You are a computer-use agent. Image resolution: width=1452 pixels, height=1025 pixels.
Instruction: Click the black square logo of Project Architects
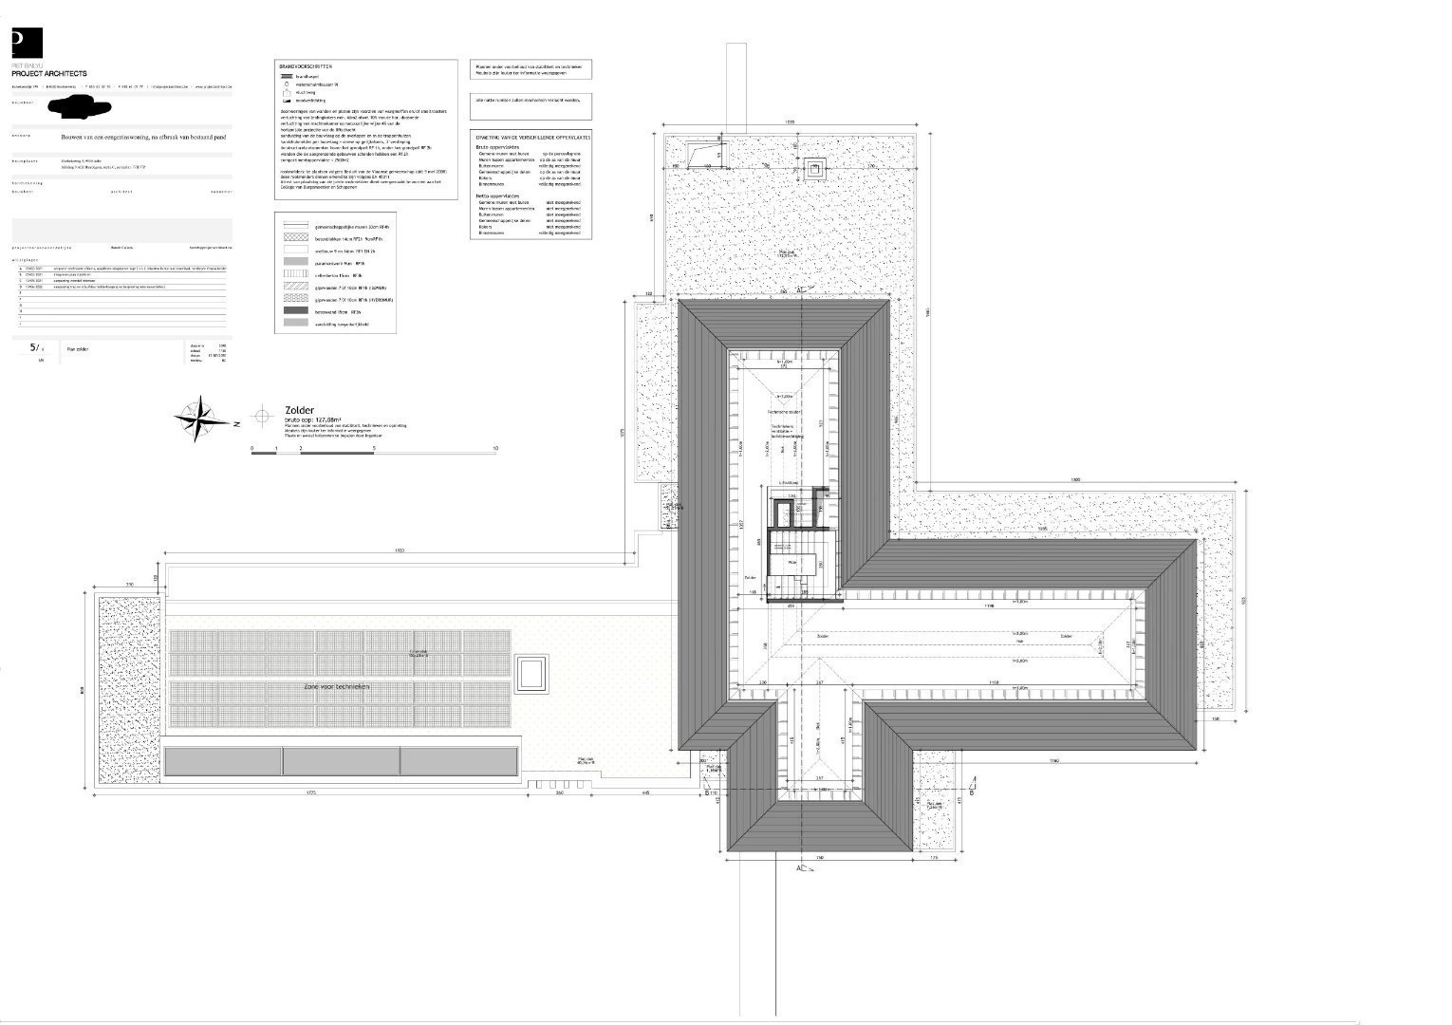pyautogui.click(x=27, y=44)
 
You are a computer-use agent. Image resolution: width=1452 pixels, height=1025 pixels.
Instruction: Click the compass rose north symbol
pyautogui.click(x=198, y=419)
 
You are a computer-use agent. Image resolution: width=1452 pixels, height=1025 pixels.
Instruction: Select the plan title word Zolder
pyautogui.click(x=299, y=411)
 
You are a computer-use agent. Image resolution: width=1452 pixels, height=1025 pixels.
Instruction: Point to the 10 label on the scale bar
pyautogui.click(x=495, y=447)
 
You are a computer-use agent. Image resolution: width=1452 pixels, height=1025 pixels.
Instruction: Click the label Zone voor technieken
pyautogui.click(x=336, y=685)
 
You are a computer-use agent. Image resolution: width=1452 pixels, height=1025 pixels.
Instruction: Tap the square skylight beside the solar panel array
pyautogui.click(x=532, y=674)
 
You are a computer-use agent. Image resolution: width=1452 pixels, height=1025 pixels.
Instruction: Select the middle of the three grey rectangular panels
pyautogui.click(x=341, y=760)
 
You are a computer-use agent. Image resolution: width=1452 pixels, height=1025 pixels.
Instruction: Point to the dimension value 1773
pyautogui.click(x=309, y=793)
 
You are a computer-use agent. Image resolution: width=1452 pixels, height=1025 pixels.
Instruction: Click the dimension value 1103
pyautogui.click(x=400, y=551)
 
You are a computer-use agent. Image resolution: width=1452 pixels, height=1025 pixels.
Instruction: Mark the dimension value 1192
pyautogui.click(x=1054, y=761)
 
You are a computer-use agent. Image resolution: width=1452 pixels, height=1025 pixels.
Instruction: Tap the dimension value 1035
pyautogui.click(x=790, y=124)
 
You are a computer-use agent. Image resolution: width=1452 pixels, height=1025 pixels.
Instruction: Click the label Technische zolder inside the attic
pyautogui.click(x=785, y=413)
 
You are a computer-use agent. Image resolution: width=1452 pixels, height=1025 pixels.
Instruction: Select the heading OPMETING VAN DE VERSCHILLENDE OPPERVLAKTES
pyautogui.click(x=531, y=138)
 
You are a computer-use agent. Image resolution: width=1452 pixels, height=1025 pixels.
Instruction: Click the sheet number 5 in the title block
pyautogui.click(x=34, y=348)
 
